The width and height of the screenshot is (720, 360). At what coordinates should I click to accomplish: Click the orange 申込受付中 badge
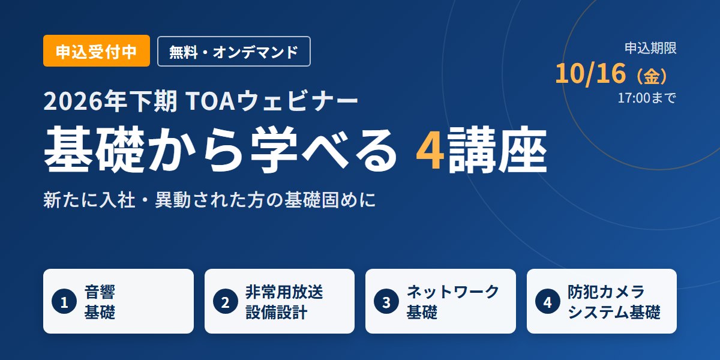(x=97, y=51)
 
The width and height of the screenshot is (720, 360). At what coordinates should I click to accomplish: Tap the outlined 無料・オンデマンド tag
(x=233, y=52)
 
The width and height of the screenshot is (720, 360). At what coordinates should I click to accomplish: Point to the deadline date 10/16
(x=590, y=74)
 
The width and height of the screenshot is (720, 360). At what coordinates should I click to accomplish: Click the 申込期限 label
(x=650, y=48)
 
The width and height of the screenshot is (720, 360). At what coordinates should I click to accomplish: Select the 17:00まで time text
(x=647, y=98)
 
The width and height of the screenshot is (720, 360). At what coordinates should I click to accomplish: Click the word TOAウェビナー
(x=272, y=101)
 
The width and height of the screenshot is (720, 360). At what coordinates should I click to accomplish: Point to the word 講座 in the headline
(x=497, y=150)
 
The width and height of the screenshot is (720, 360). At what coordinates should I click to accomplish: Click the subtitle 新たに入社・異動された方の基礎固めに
(x=209, y=200)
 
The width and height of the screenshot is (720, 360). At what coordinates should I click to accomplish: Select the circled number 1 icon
(x=64, y=301)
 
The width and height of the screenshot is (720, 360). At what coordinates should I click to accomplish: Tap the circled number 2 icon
(x=226, y=301)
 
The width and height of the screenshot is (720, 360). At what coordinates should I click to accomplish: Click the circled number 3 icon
(x=386, y=301)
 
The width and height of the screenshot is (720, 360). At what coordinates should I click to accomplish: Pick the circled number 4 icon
(x=548, y=301)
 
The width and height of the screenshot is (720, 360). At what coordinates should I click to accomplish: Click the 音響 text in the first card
(x=100, y=292)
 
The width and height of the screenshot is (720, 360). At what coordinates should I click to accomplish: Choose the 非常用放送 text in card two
(x=284, y=292)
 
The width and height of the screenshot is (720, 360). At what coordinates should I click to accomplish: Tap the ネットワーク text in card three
(x=453, y=292)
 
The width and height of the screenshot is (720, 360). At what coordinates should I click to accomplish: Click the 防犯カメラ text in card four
(x=606, y=292)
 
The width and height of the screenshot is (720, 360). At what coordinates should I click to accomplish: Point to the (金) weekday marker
(x=652, y=76)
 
